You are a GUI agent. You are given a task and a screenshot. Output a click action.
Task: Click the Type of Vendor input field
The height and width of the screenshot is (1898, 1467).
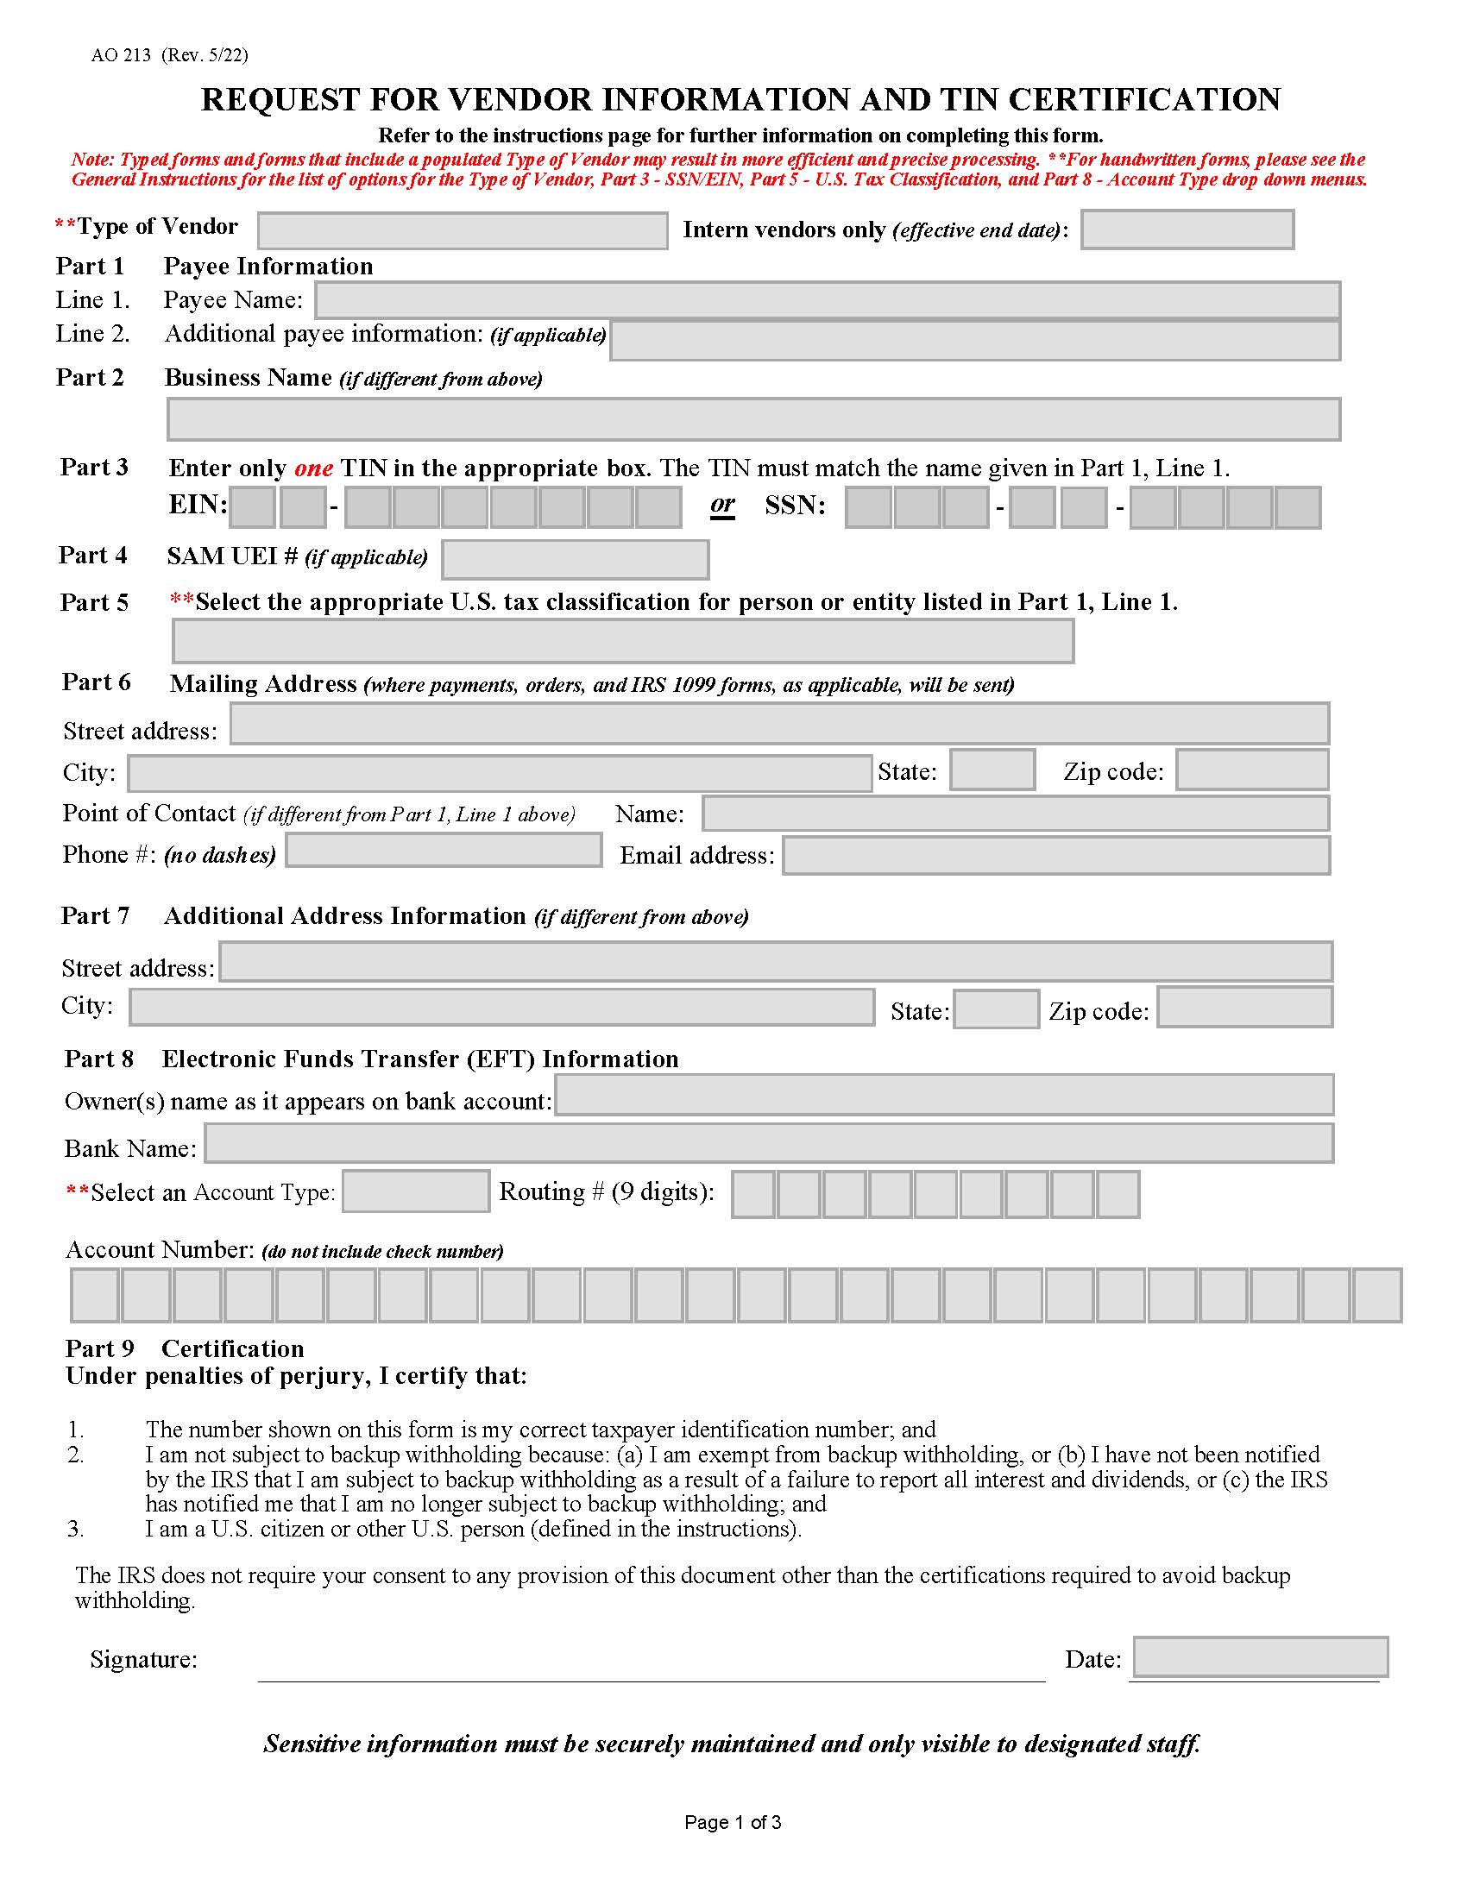(463, 231)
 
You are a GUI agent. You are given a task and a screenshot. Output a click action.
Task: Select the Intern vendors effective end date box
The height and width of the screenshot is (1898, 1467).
(1187, 229)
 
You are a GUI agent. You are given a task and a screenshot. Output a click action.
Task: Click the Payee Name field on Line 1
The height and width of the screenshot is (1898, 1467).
(827, 301)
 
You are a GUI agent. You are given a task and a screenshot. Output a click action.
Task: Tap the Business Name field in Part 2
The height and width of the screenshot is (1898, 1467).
(753, 420)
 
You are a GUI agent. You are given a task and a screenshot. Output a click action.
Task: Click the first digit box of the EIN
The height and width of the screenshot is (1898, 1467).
(254, 507)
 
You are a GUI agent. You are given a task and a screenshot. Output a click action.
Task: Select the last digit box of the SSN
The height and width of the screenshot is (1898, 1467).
(1298, 508)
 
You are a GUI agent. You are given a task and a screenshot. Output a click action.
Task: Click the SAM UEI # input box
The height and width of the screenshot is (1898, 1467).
(576, 560)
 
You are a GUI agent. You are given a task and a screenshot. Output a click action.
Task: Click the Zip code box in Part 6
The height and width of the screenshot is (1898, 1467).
(1251, 770)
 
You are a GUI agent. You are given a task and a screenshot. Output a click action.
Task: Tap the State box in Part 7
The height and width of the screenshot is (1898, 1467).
(996, 1009)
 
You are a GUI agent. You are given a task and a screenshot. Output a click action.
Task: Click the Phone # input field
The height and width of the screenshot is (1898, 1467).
(444, 851)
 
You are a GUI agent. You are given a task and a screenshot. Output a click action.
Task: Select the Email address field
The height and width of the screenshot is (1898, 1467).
(1055, 856)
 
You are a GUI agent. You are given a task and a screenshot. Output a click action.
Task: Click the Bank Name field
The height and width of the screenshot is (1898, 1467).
(768, 1144)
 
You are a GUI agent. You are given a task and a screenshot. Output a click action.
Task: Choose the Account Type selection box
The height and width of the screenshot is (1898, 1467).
(415, 1191)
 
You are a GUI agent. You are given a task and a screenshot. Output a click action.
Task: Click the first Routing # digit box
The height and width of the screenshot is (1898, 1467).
(752, 1195)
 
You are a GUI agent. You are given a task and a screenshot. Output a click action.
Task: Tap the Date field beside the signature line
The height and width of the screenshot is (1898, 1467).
(1259, 1657)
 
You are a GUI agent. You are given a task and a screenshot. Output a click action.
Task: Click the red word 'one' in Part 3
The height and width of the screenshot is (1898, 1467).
(314, 468)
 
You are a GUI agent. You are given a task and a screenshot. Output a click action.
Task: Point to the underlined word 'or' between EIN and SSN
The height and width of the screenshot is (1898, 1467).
(722, 505)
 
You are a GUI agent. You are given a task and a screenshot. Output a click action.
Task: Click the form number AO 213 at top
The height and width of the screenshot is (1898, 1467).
(121, 55)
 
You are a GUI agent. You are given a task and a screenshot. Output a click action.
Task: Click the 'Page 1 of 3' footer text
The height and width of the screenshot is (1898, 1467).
(733, 1822)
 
